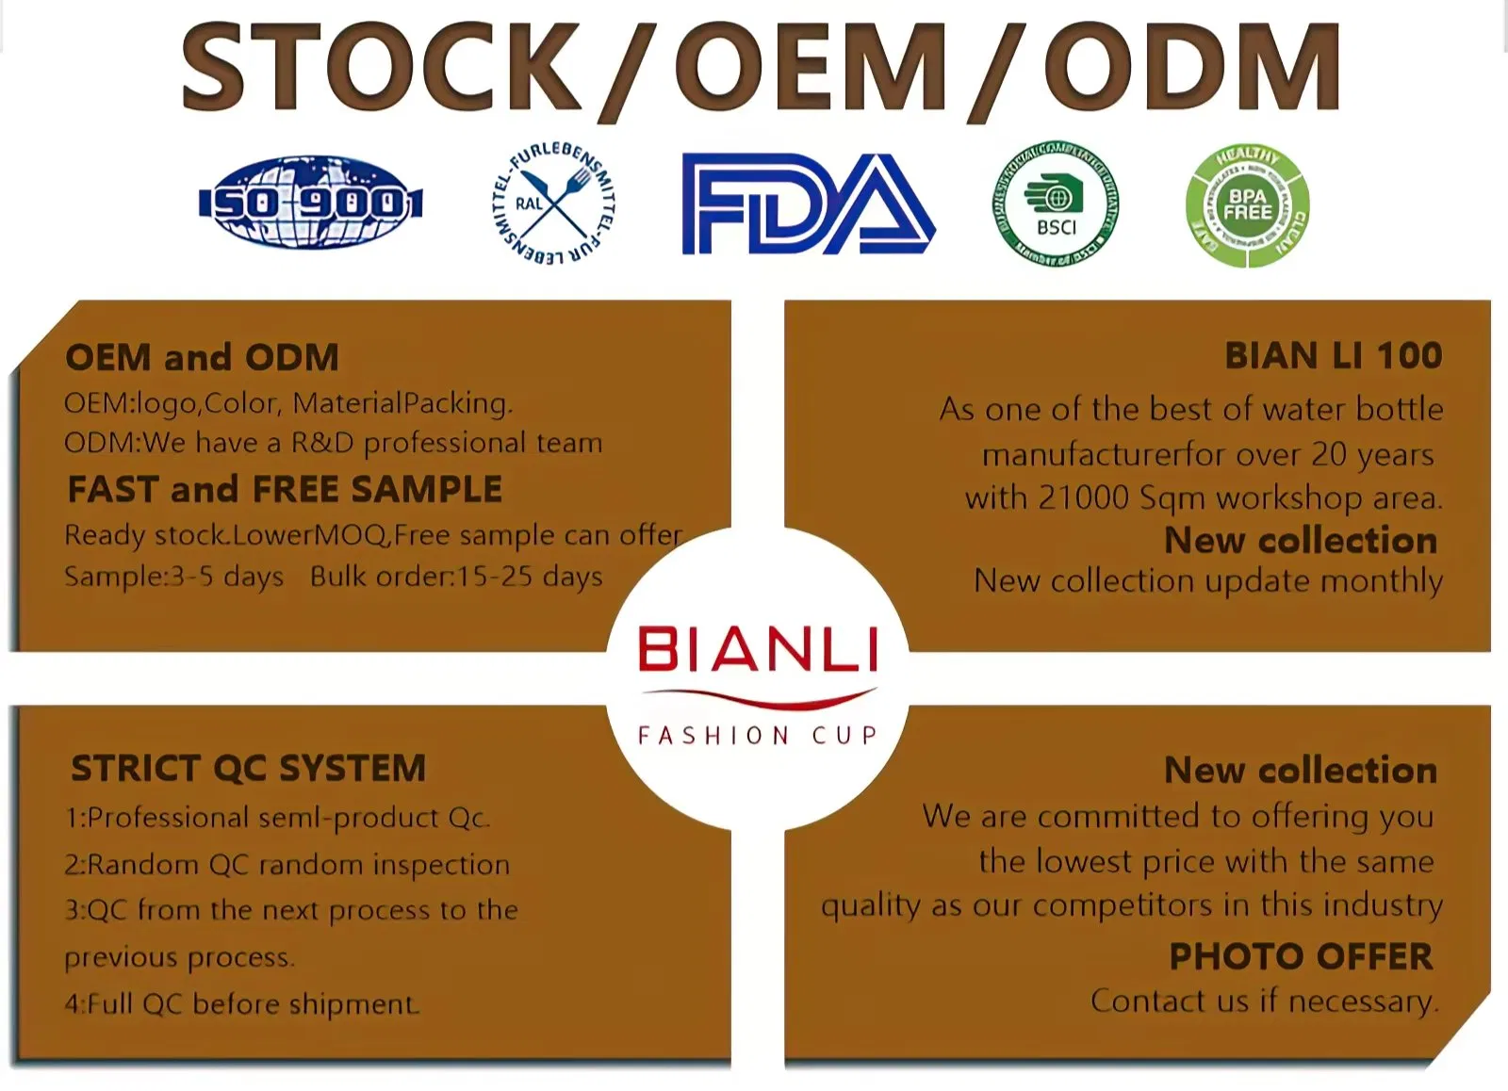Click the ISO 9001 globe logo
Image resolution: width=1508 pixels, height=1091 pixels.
(x=311, y=203)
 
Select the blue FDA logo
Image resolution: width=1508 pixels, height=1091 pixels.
(x=808, y=204)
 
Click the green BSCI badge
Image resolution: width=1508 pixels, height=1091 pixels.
(x=1057, y=204)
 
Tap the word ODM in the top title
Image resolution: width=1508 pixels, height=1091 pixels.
(x=1191, y=68)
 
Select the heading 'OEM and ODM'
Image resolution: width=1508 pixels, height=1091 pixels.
(x=202, y=358)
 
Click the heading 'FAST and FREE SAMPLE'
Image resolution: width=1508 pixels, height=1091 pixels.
(x=285, y=490)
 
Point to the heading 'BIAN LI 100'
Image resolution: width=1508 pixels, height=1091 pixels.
(x=1333, y=356)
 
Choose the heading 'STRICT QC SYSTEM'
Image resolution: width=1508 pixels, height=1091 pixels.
(x=248, y=769)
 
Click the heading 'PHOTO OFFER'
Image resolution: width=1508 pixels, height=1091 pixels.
(x=1301, y=957)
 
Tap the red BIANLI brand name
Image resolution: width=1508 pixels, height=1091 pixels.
(x=758, y=649)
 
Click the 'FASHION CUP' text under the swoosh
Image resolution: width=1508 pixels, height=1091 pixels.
(x=758, y=736)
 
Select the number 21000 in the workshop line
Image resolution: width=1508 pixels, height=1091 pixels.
(x=1083, y=497)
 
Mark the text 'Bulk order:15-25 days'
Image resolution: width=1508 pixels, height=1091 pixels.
(x=456, y=577)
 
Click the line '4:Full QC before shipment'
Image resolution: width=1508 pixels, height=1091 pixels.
(x=241, y=1004)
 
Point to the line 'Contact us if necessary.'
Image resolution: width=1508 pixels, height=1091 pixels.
(x=1265, y=1001)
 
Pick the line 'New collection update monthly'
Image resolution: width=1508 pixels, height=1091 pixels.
(x=1208, y=581)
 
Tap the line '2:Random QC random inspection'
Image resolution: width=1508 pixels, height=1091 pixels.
(x=287, y=865)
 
